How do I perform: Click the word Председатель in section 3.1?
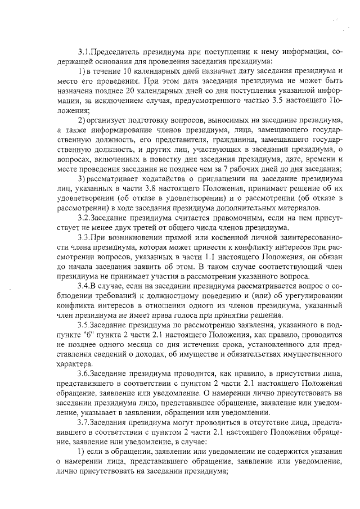[116, 51]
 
